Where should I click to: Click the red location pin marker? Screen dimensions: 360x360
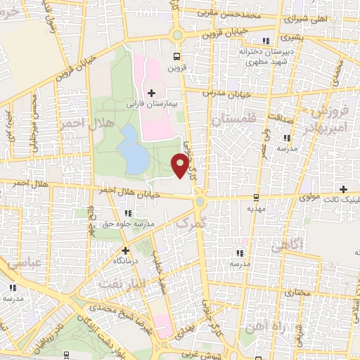(x=180, y=165)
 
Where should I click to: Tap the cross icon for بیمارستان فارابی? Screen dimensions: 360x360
(x=151, y=93)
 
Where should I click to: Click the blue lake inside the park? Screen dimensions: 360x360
(x=132, y=150)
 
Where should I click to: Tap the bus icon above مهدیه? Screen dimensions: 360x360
(x=255, y=197)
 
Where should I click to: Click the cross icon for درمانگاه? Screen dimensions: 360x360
(x=125, y=250)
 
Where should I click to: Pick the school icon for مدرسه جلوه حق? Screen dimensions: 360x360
(x=127, y=213)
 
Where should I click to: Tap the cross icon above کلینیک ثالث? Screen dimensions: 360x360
(x=343, y=189)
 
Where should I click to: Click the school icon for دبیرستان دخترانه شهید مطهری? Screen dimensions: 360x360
(x=265, y=41)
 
